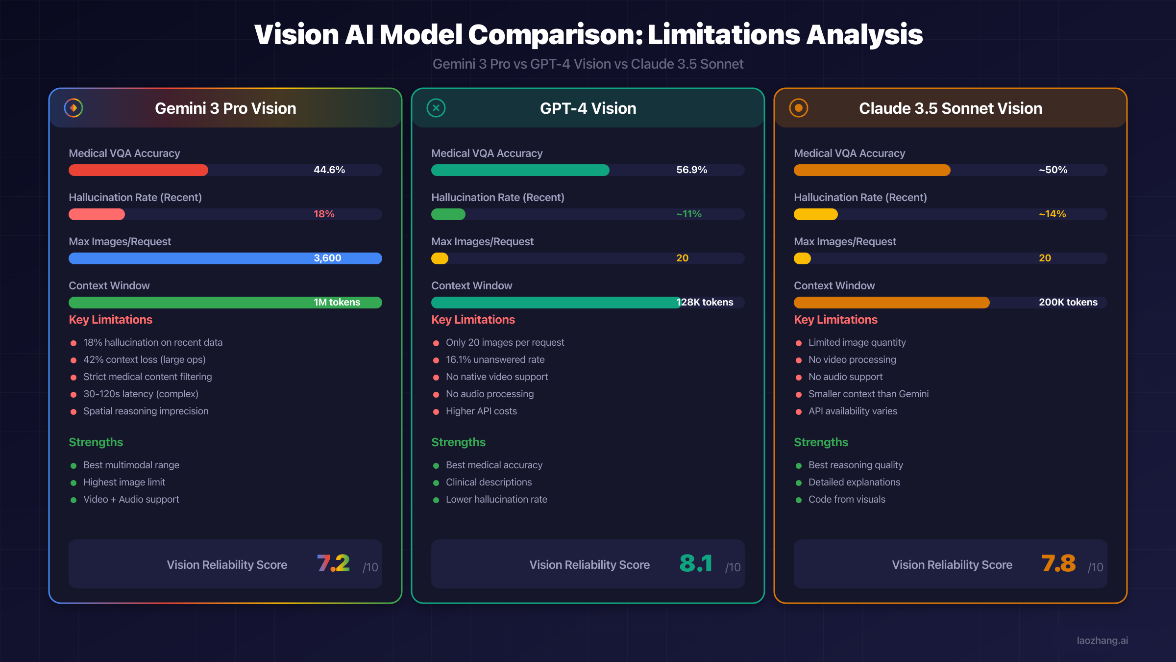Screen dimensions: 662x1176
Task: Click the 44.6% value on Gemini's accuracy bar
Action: pos(329,170)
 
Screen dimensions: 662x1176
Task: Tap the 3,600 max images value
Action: pos(327,258)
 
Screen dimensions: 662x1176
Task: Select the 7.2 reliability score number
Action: pos(333,563)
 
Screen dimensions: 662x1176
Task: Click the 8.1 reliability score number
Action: pos(696,563)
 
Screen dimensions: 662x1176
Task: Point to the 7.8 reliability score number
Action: pos(1058,563)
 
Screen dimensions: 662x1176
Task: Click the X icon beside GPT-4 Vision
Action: pos(436,108)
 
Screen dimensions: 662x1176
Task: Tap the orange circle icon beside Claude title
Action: pos(799,108)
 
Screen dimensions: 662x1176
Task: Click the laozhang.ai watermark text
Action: pos(1102,640)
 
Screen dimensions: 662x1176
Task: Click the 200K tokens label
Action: pos(1068,302)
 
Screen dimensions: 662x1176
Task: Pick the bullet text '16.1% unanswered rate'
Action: pos(495,359)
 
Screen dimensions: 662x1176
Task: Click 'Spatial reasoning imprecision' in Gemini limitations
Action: pos(146,411)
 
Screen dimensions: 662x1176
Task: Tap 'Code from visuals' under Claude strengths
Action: pos(847,499)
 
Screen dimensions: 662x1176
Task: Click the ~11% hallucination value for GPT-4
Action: pos(689,214)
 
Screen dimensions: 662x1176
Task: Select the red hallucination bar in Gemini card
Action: pos(97,214)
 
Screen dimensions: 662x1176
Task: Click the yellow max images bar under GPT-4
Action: pos(440,258)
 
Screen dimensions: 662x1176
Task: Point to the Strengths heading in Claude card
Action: pos(821,442)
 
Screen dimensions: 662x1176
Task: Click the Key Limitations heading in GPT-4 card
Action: pos(473,320)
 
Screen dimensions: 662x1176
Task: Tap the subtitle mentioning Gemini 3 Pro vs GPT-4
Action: pos(588,64)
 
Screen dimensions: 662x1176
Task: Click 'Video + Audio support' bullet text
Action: pos(131,499)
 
